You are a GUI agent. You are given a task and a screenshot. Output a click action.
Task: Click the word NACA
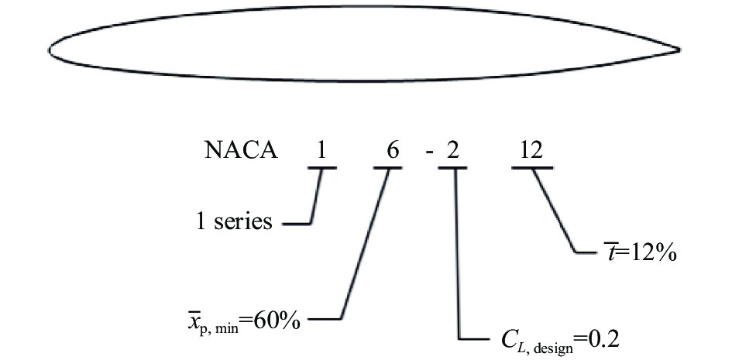(x=241, y=150)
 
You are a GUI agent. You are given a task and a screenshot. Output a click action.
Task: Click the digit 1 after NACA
(x=321, y=150)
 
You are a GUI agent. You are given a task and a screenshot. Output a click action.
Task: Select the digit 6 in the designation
(x=393, y=150)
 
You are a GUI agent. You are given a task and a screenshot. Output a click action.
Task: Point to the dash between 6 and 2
(x=429, y=152)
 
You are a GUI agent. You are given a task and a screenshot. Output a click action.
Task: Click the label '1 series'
(x=233, y=222)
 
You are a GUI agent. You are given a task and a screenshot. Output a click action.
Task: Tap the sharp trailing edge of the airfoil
(x=680, y=51)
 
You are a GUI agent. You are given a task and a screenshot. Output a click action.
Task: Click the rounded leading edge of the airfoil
(x=50, y=51)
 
